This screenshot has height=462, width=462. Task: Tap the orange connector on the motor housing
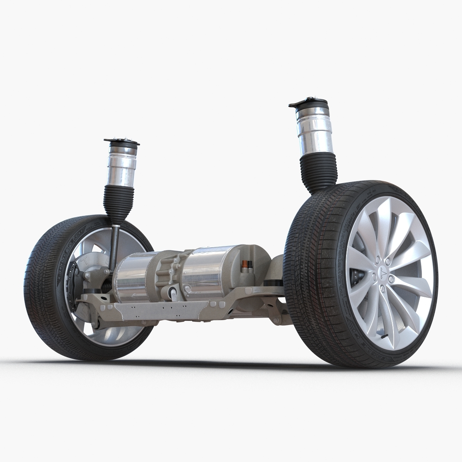[x=243, y=264]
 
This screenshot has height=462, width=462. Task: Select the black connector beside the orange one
[x=249, y=264]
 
